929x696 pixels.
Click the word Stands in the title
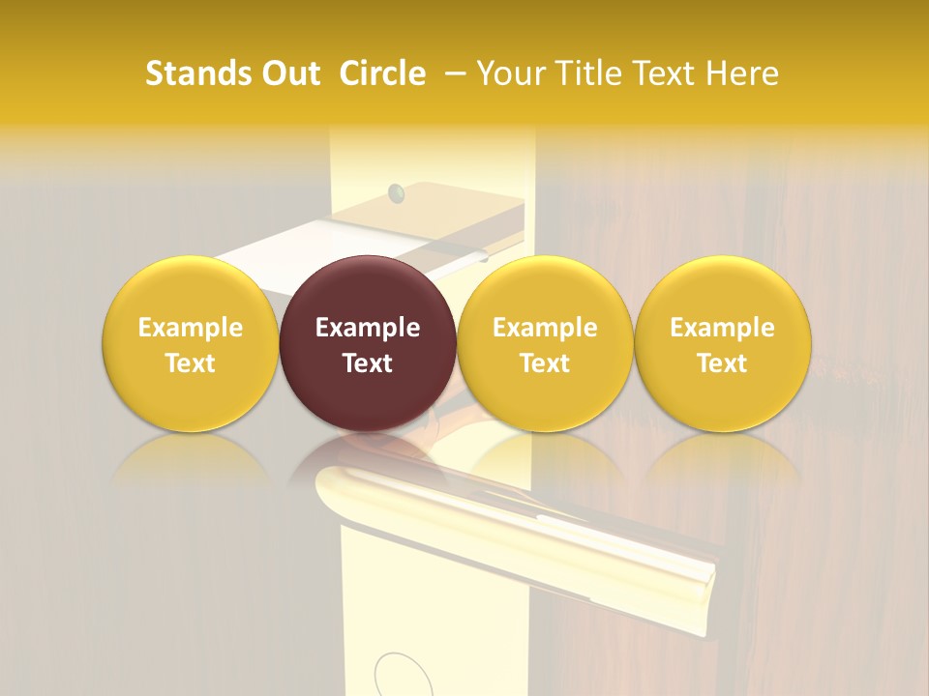pos(196,73)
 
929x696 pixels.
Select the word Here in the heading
pos(744,73)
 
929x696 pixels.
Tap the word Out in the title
pos(289,73)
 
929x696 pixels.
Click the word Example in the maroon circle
pos(368,328)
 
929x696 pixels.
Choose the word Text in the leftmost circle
pos(190,363)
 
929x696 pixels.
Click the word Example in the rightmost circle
pos(722,328)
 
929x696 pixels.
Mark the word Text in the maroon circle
pos(368,363)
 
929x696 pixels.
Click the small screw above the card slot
pos(395,193)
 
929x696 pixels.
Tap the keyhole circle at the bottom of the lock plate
pos(399,676)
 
